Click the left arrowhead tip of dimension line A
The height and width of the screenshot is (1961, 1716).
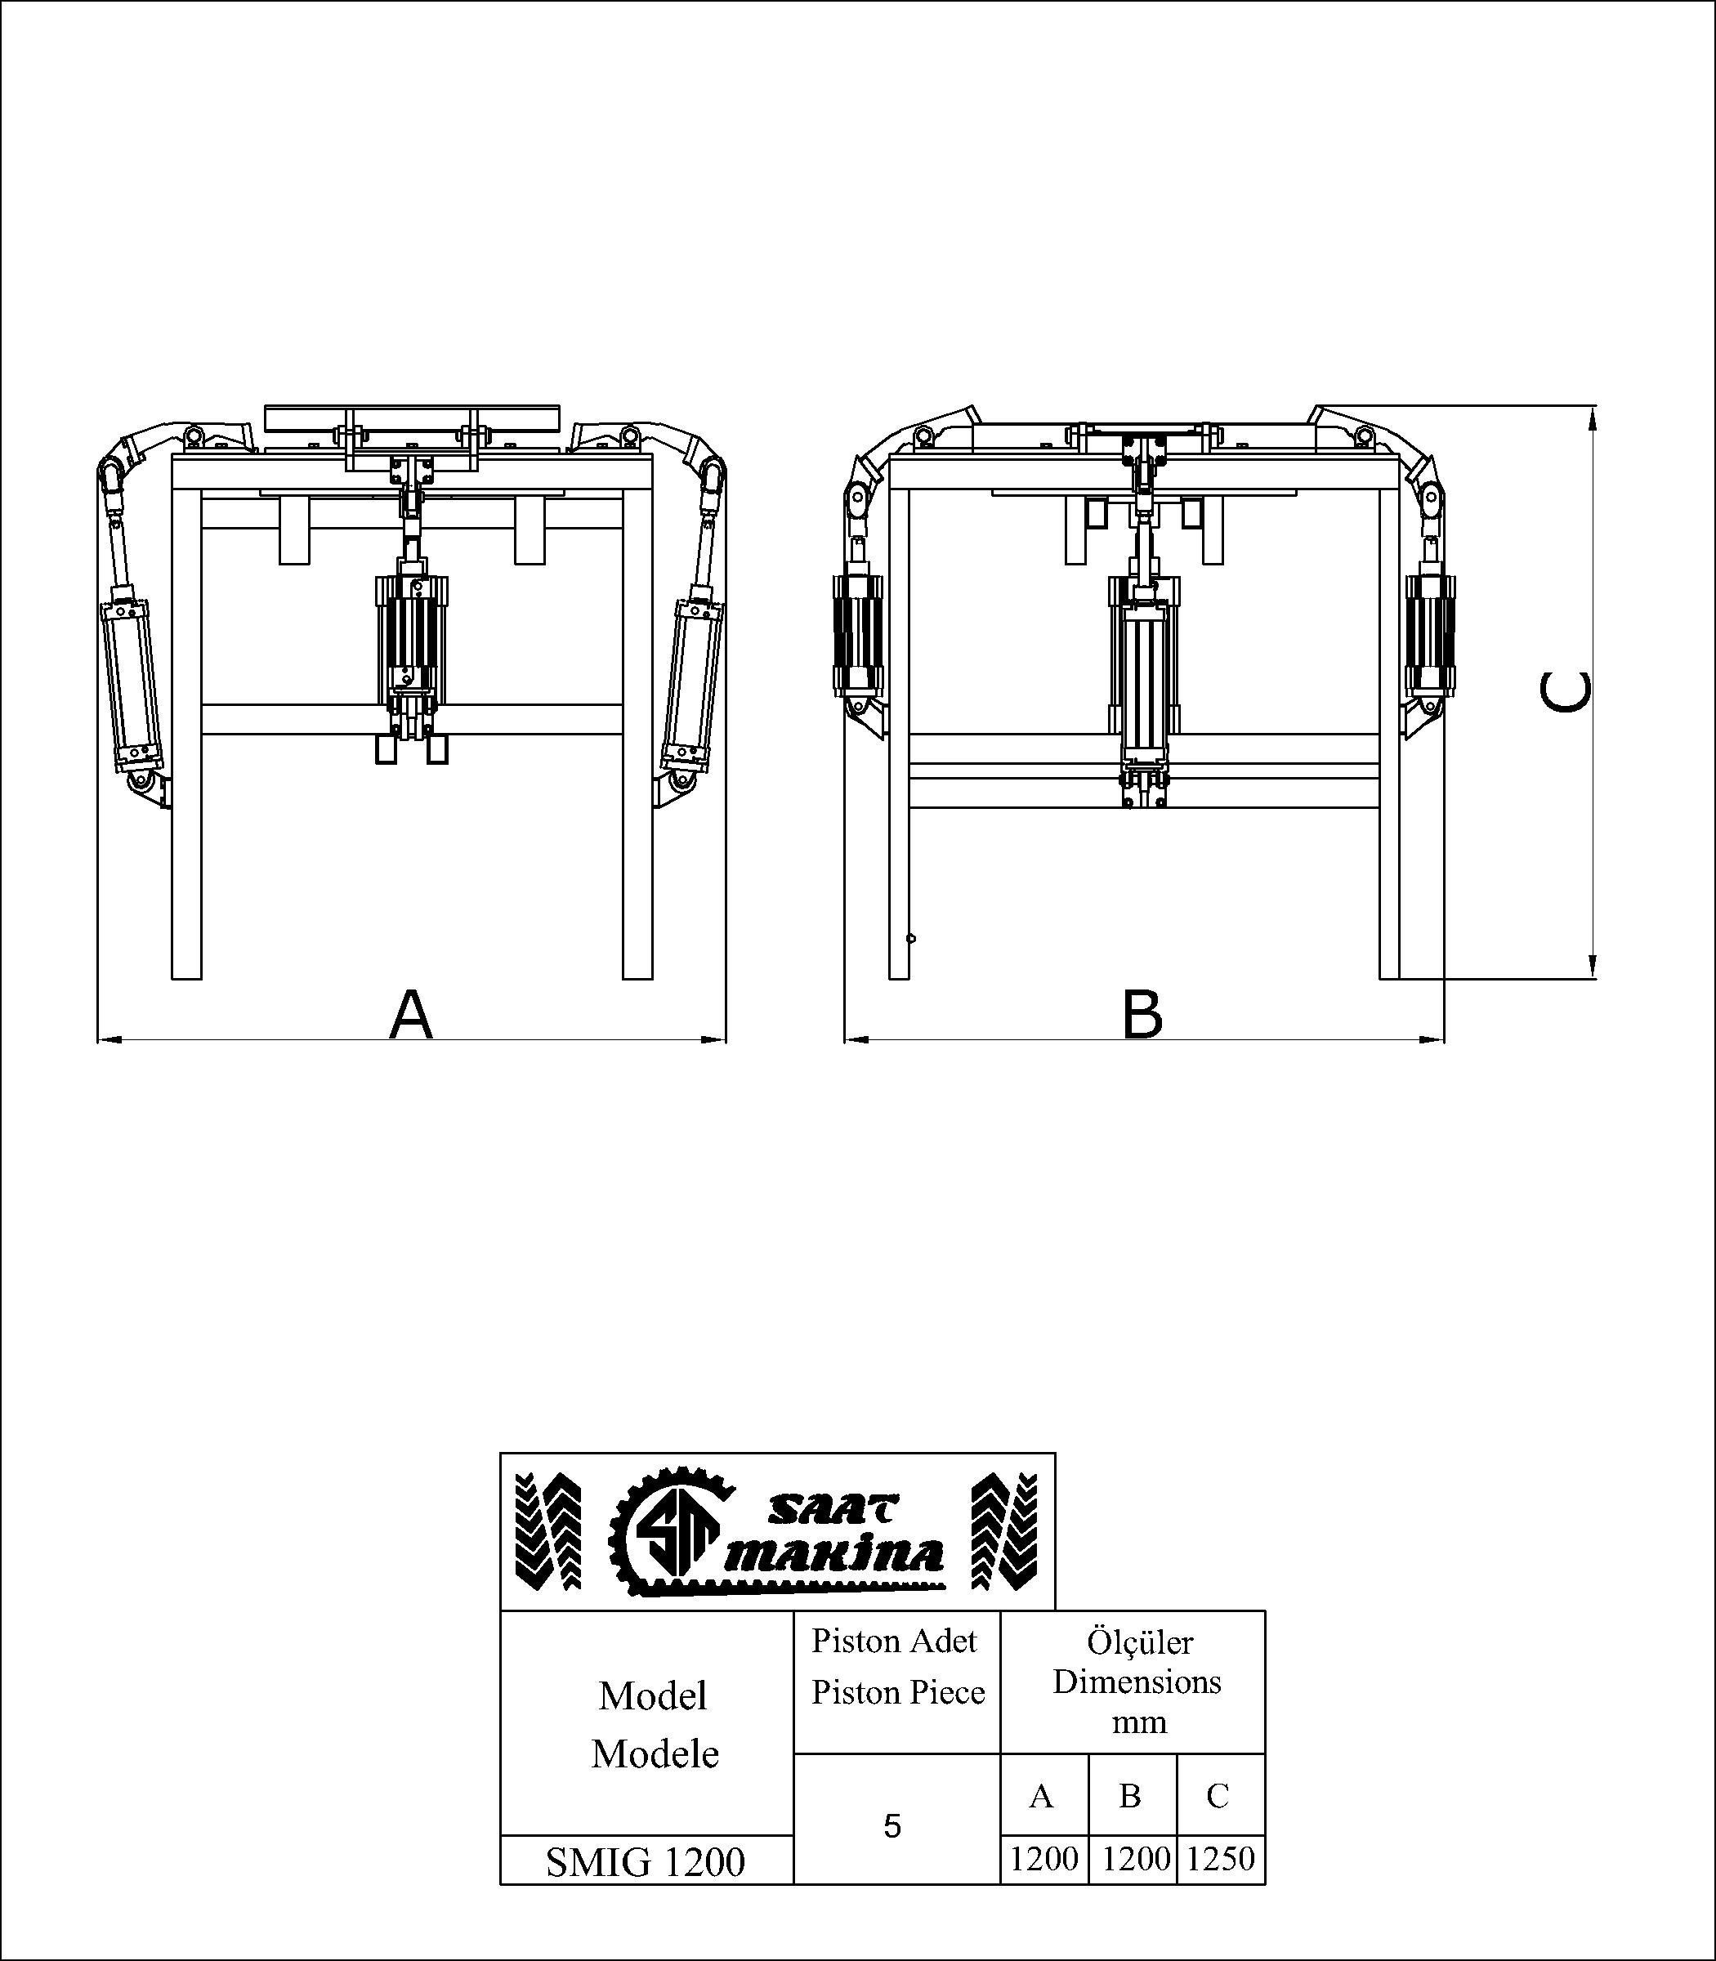coord(99,1039)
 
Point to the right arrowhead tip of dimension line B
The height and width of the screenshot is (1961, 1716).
coord(1443,1039)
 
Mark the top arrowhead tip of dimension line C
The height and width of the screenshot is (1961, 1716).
coord(1593,406)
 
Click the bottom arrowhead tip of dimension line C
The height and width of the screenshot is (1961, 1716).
coord(1593,979)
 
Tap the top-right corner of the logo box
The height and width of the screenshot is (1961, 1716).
coord(1055,1453)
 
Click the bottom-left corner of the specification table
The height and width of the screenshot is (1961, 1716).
coord(501,1884)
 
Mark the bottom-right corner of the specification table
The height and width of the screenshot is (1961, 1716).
coord(1265,1884)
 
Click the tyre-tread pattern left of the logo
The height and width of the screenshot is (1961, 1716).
coord(547,1531)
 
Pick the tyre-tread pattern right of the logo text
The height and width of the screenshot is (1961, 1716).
coord(1005,1531)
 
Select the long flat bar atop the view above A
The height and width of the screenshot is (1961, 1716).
coord(412,418)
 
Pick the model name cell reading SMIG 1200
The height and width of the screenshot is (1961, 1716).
coord(646,1861)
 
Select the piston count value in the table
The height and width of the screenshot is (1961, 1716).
coord(892,1827)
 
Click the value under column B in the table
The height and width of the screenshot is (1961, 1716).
coord(1136,1859)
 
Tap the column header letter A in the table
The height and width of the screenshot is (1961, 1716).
coord(1041,1796)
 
